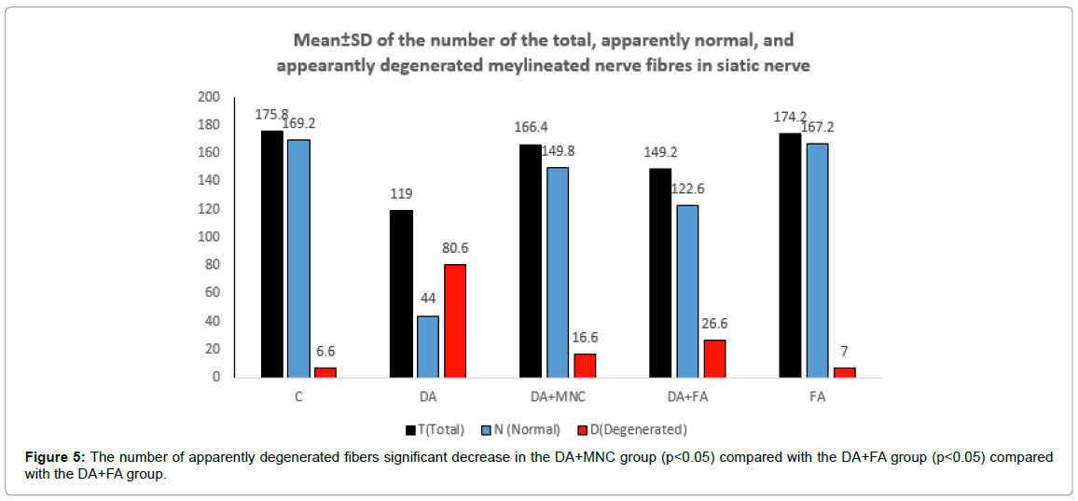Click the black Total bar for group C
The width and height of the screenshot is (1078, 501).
[272, 254]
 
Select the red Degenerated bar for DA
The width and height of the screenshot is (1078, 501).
[454, 321]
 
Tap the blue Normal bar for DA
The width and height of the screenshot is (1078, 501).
[428, 346]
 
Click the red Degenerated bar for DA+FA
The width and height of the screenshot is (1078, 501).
[714, 358]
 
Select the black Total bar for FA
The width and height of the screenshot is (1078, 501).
[790, 255]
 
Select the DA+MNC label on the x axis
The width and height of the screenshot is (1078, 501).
[558, 397]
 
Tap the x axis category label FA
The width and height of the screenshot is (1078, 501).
[817, 397]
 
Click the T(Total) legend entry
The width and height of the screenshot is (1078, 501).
[435, 429]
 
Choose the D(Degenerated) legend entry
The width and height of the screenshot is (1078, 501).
[633, 429]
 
